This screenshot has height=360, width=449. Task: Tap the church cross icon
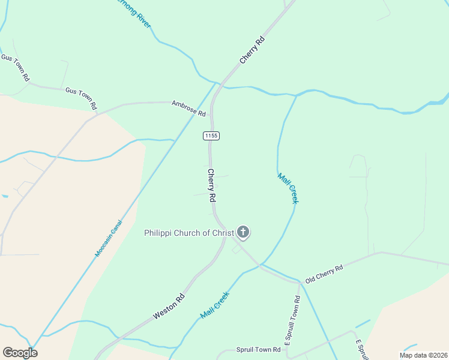tap(243, 232)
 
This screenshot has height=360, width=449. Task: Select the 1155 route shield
tap(211, 136)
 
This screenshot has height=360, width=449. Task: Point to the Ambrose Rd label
tap(188, 108)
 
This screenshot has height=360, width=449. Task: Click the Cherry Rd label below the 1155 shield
tap(211, 185)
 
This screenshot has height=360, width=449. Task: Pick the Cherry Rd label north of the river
tap(252, 50)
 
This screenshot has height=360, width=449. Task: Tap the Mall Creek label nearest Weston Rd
tap(215, 305)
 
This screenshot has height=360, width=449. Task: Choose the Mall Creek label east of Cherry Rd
tap(288, 188)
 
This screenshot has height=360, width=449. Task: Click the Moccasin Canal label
tap(108, 238)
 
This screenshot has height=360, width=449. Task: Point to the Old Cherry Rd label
tap(324, 273)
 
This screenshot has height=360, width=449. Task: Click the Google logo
tap(19, 353)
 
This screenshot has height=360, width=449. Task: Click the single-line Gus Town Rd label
tap(81, 98)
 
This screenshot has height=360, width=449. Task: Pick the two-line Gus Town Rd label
tap(16, 67)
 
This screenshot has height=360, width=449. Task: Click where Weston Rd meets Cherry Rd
tap(225, 236)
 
